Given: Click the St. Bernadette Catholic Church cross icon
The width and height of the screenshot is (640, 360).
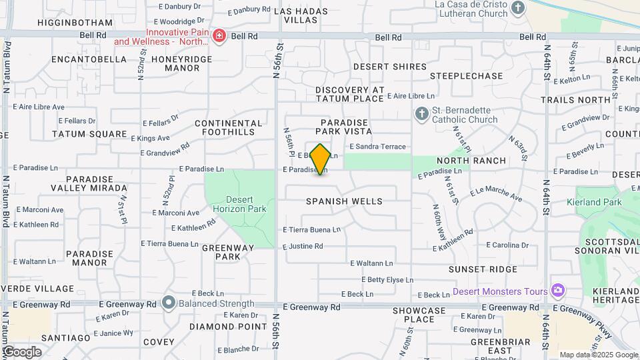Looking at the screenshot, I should [421, 114].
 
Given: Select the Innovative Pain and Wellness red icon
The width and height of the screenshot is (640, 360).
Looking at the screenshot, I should [219, 35].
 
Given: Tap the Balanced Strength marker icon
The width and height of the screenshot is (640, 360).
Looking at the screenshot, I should [169, 303].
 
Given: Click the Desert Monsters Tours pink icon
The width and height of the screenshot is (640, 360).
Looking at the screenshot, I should [557, 291].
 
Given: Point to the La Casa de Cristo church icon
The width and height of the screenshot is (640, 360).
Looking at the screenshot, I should [518, 9].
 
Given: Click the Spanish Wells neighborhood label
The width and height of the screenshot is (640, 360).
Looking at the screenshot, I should [344, 201].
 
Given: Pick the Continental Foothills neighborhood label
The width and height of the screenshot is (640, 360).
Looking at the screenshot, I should [229, 127].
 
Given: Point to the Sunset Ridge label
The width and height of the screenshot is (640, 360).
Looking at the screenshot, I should [483, 269].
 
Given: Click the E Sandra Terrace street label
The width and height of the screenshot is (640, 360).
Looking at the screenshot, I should [377, 147].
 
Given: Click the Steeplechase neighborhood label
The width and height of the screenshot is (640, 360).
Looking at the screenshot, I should [466, 76].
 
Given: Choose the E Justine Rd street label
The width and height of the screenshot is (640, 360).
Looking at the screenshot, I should [303, 247].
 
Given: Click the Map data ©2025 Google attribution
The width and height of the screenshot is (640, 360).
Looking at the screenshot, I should [598, 355].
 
